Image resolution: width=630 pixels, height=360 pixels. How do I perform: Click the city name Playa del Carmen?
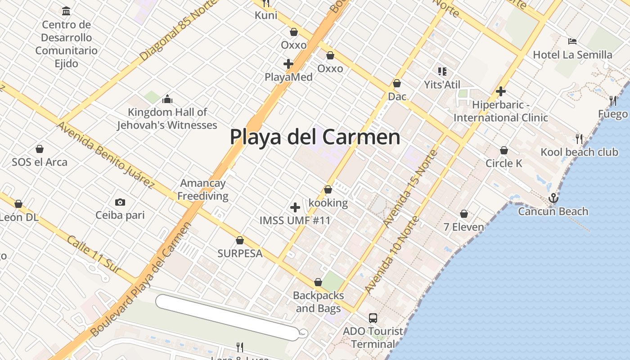point(315,137)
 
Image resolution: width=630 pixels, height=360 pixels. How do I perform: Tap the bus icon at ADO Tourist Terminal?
point(373,318)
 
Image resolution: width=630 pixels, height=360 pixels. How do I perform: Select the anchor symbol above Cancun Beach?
point(553,198)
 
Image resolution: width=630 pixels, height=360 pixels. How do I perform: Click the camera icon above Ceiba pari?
point(120,202)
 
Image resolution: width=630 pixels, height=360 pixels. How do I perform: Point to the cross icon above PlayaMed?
point(288,64)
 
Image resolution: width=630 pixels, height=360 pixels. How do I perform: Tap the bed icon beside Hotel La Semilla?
point(572,41)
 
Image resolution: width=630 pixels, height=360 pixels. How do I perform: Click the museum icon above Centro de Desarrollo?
point(67,11)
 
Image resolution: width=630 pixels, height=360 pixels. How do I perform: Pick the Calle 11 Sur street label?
point(94,254)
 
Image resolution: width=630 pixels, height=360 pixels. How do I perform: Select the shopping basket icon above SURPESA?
point(240,240)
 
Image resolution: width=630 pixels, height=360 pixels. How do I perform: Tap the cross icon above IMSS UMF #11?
point(295,207)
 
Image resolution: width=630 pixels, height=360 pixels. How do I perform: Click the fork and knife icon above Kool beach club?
point(579,139)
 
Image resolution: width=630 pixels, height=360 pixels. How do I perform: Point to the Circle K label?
point(504,163)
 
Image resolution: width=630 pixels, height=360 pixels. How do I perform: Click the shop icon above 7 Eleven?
point(464,214)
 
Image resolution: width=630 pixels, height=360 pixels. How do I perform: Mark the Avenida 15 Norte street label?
point(411,188)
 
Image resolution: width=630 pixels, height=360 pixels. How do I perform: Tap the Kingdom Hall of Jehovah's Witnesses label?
point(167,118)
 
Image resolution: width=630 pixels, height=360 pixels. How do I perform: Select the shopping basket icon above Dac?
point(397,83)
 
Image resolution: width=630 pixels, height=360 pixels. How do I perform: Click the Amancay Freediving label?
point(202,189)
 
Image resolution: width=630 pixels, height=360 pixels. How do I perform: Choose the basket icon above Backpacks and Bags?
point(318,282)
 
